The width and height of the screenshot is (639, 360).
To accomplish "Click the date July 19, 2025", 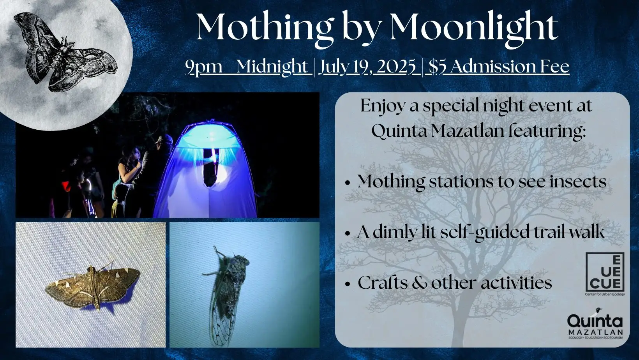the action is click(367, 67).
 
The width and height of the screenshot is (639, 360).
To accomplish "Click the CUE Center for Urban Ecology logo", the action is click(605, 274).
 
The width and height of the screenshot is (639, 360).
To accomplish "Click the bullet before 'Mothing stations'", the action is click(347, 183).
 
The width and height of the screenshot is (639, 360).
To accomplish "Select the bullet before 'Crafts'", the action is click(347, 284).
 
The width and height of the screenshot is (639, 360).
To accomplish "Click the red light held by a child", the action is click(66, 186).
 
